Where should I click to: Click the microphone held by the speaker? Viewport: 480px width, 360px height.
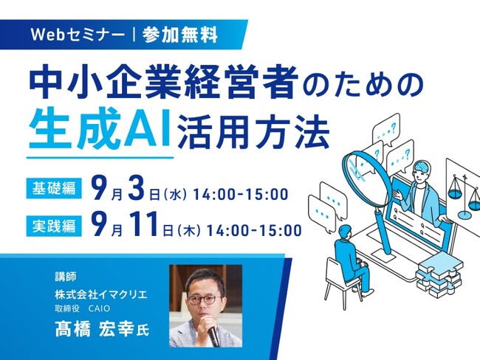click(213, 335)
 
